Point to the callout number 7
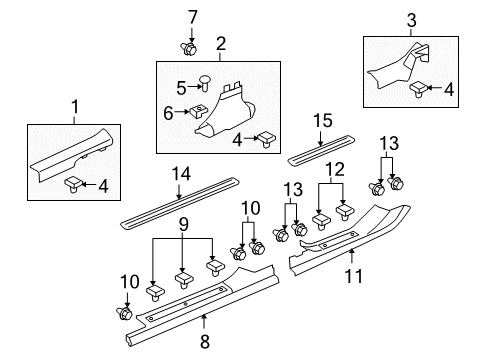(193, 15)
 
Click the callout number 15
(322, 120)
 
